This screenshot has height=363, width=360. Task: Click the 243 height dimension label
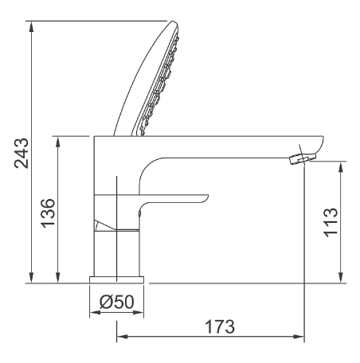22,153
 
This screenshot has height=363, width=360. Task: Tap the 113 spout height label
331,222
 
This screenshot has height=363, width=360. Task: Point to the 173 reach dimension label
220,326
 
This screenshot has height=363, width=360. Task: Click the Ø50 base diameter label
117,302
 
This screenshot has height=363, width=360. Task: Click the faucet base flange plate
116,279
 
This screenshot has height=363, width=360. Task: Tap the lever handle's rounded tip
205,198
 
